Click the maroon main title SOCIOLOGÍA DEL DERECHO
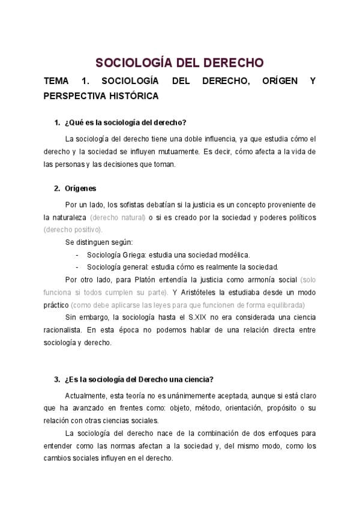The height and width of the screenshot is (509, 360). tap(180, 63)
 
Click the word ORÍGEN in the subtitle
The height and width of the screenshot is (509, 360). tap(280, 81)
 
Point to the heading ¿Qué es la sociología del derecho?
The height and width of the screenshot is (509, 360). tap(125, 123)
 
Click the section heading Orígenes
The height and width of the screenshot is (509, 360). tap(80, 188)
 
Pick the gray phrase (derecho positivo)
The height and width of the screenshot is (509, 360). tap(73, 229)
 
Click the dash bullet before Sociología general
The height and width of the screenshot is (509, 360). tap(77, 267)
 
